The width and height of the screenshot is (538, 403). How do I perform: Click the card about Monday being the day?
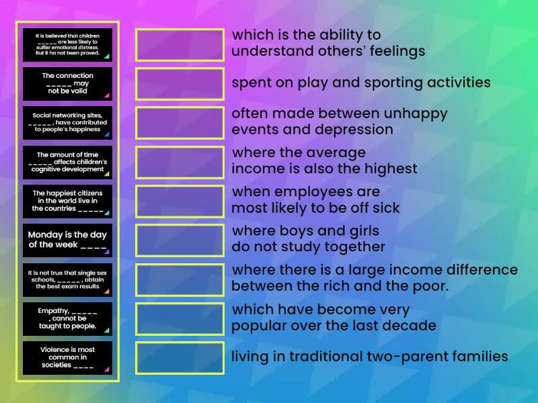click(67, 240)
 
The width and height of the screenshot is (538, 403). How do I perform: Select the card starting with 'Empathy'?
click(67, 319)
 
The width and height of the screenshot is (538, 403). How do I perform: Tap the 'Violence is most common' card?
click(67, 358)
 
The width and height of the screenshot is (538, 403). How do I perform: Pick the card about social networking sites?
click(67, 123)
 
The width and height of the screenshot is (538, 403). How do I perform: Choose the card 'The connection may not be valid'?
click(67, 83)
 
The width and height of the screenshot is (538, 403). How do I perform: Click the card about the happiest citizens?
click(67, 201)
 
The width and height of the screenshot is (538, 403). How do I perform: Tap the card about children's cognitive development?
click(67, 162)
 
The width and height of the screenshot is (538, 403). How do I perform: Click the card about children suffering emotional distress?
click(67, 44)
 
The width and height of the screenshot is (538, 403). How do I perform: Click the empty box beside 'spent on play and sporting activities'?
click(180, 83)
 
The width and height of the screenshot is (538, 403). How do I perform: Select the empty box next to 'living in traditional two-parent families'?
click(180, 358)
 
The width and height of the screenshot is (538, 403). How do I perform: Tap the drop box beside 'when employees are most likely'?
click(180, 201)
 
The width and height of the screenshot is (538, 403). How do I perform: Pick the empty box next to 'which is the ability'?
click(180, 44)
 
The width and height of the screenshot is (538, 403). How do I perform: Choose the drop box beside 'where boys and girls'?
click(180, 240)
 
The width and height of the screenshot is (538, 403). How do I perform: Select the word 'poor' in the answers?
click(432, 287)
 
